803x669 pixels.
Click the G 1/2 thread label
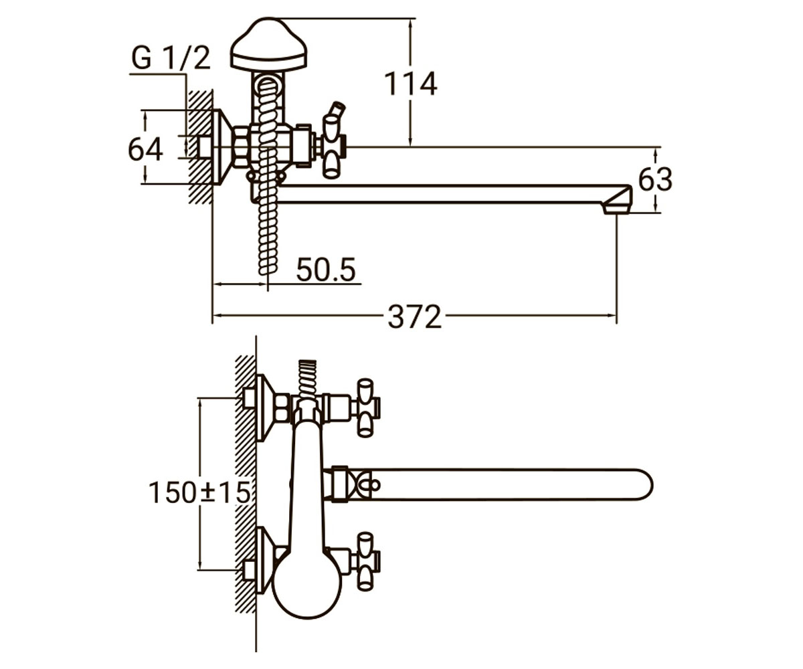pyautogui.click(x=171, y=58)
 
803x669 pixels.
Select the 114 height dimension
pyautogui.click(x=410, y=84)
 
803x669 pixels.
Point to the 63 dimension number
pyautogui.click(x=655, y=179)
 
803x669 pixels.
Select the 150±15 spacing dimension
pyautogui.click(x=199, y=492)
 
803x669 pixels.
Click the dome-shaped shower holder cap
pyautogui.click(x=269, y=45)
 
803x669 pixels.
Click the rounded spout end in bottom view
pyautogui.click(x=642, y=484)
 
